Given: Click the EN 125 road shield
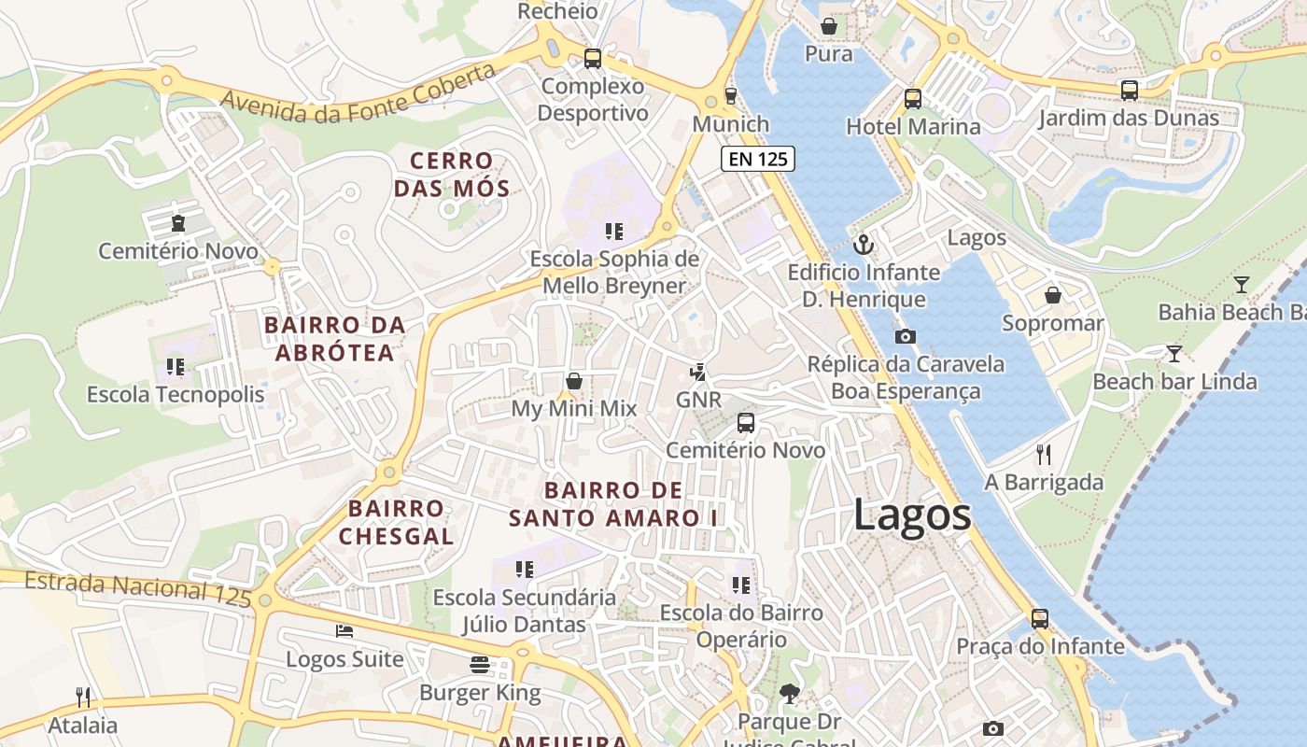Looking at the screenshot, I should click(758, 159).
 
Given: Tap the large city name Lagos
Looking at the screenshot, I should click(912, 515).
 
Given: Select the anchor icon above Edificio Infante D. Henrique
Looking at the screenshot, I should click(864, 246).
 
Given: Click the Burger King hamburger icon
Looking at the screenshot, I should click(480, 665).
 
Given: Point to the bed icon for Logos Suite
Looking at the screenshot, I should click(344, 631).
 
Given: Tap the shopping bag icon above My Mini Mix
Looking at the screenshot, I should click(574, 381).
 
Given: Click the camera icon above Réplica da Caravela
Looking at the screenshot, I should click(905, 336).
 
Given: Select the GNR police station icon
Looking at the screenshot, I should click(697, 373).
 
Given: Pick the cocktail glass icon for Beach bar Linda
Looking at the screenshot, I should click(1173, 354).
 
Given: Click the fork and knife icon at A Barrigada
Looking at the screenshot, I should click(1044, 455).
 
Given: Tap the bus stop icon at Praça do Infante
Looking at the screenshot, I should click(1039, 618).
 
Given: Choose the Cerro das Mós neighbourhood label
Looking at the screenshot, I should click(452, 175).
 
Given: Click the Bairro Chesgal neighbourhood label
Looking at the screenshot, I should click(396, 522).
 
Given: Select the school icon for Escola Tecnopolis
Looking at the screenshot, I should click(175, 367).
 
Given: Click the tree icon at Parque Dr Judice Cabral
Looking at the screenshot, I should click(789, 694).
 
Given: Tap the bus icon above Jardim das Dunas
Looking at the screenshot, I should click(1129, 91).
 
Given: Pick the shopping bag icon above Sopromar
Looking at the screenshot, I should click(1053, 295).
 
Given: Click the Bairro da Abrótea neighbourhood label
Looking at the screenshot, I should click(334, 338).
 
